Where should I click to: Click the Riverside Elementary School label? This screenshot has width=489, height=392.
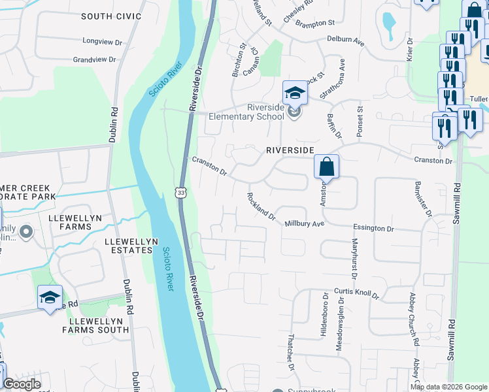pos(246,112)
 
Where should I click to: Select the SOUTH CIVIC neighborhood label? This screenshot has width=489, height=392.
pos(110,15)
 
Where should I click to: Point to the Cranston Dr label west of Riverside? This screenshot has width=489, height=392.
pos(209,166)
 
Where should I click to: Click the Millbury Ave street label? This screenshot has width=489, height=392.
pos(304,223)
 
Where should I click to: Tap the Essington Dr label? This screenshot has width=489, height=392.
pos(373,229)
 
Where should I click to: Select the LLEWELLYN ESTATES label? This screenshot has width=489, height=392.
pos(131,245)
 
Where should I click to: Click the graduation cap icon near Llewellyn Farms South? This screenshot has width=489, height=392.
pos(50,298)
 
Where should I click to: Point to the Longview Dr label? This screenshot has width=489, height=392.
pos(103,41)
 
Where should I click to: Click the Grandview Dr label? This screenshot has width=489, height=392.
pos(94,59)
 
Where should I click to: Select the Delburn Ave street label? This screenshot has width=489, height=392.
pos(345,40)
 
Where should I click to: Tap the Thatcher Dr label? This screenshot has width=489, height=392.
pos(292,351)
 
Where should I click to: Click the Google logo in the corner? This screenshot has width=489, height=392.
pos(21,384)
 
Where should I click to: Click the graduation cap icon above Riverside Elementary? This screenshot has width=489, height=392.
pos(294,93)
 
